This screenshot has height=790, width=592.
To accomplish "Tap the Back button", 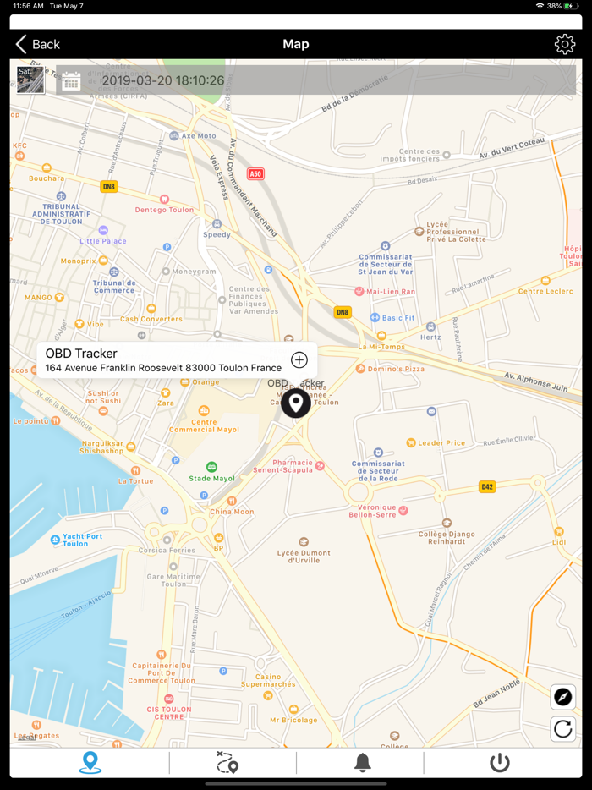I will [x=38, y=44].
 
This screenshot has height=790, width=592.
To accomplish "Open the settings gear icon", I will [x=564, y=44].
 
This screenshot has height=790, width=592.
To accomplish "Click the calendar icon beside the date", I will [x=71, y=80].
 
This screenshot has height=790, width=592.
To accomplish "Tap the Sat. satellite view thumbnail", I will [x=30, y=80].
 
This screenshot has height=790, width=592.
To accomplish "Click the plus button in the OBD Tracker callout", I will [x=299, y=360].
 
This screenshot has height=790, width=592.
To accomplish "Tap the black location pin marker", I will [x=295, y=403].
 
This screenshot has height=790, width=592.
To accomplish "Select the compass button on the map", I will [x=563, y=697].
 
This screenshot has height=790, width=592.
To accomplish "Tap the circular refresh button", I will [x=563, y=728].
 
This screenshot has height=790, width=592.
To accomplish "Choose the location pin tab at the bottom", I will [x=90, y=762].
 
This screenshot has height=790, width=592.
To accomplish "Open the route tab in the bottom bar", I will [x=227, y=762].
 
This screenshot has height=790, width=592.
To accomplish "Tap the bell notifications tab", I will [x=363, y=762].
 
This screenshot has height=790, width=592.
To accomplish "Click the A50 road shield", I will [x=255, y=174].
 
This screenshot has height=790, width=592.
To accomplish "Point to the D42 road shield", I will [x=486, y=486].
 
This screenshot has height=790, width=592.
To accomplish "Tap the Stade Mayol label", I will [x=212, y=478].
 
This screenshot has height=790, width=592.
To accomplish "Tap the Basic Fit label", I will [x=397, y=318].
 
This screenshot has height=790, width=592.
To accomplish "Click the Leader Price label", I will [x=441, y=442].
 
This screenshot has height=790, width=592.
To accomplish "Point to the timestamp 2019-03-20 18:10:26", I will [x=163, y=81].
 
